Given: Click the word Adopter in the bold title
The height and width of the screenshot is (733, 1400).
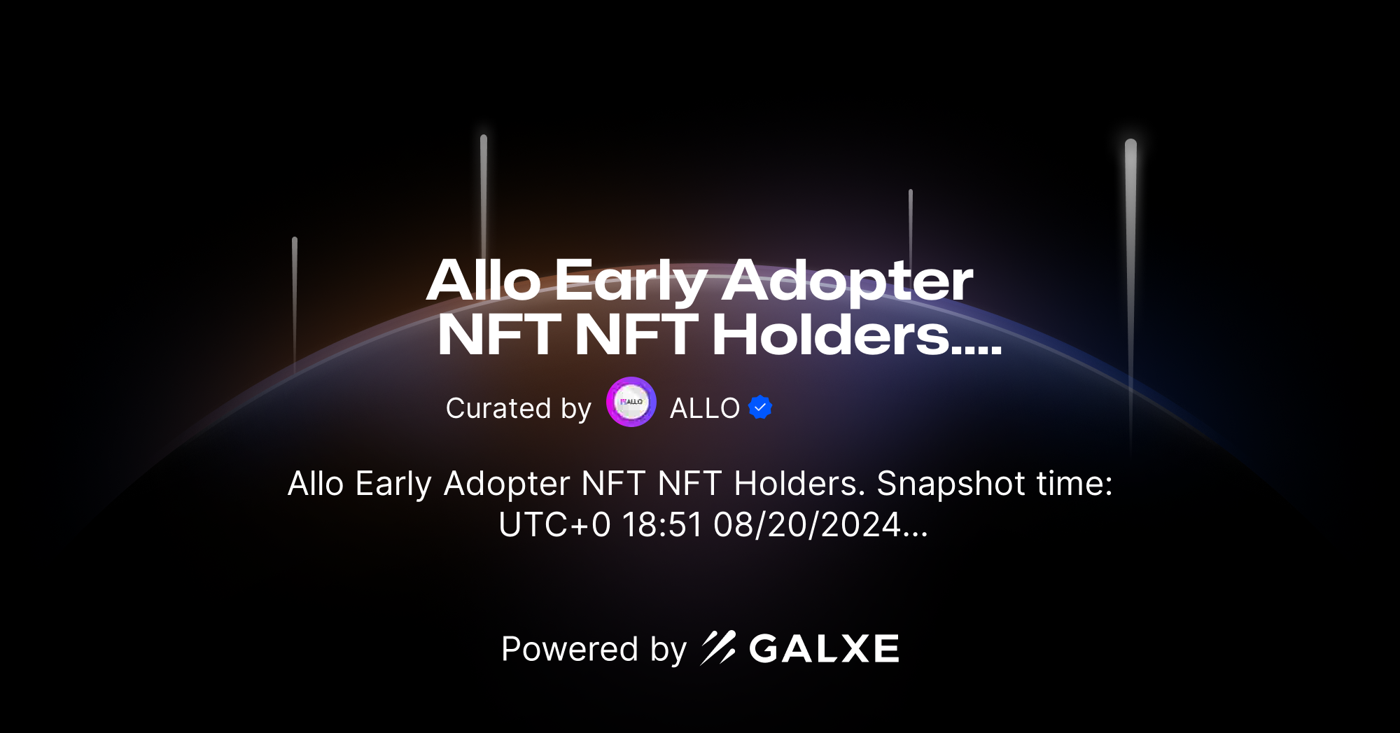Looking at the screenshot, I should pyautogui.click(x=847, y=281).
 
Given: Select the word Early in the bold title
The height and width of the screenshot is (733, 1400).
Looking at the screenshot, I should pyautogui.click(x=631, y=281).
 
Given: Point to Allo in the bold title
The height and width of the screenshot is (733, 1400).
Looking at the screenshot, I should pyautogui.click(x=484, y=281).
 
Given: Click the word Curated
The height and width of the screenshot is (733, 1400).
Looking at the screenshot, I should pyautogui.click(x=498, y=408).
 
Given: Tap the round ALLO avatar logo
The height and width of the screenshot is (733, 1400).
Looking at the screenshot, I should pyautogui.click(x=631, y=402).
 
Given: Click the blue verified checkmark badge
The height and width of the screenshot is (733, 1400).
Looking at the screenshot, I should pyautogui.click(x=760, y=407).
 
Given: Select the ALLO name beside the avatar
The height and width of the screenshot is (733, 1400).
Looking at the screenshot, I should pyautogui.click(x=704, y=408).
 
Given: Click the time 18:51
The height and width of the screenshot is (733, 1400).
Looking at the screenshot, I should pyautogui.click(x=662, y=525).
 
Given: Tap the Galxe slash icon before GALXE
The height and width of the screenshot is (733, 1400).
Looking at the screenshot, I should pyautogui.click(x=718, y=648).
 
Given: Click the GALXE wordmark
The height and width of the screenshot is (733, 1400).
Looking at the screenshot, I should pyautogui.click(x=825, y=649).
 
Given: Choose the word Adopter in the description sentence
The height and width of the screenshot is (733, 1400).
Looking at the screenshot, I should pyautogui.click(x=507, y=484).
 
